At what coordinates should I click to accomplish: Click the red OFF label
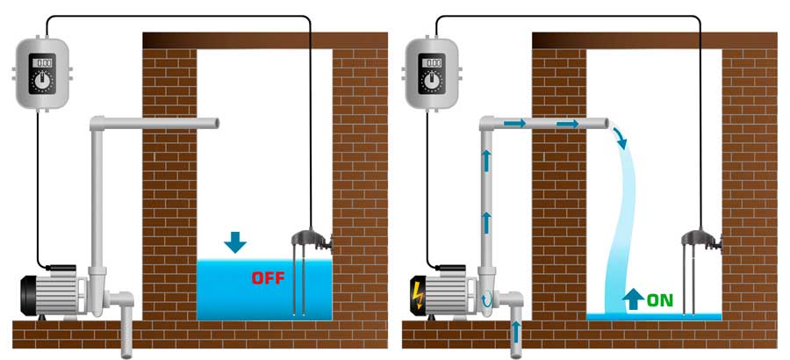268,277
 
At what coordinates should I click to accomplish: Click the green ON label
659,300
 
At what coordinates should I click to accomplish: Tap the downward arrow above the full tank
235,242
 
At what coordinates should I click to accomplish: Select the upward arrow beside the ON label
633,299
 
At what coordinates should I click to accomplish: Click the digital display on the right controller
432,63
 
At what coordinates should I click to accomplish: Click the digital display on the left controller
42,63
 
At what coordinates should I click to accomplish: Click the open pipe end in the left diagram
217,123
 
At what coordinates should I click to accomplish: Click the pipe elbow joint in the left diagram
97,123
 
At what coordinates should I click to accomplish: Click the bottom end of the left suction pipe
126,355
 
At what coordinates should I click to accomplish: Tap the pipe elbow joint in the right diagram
486,123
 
